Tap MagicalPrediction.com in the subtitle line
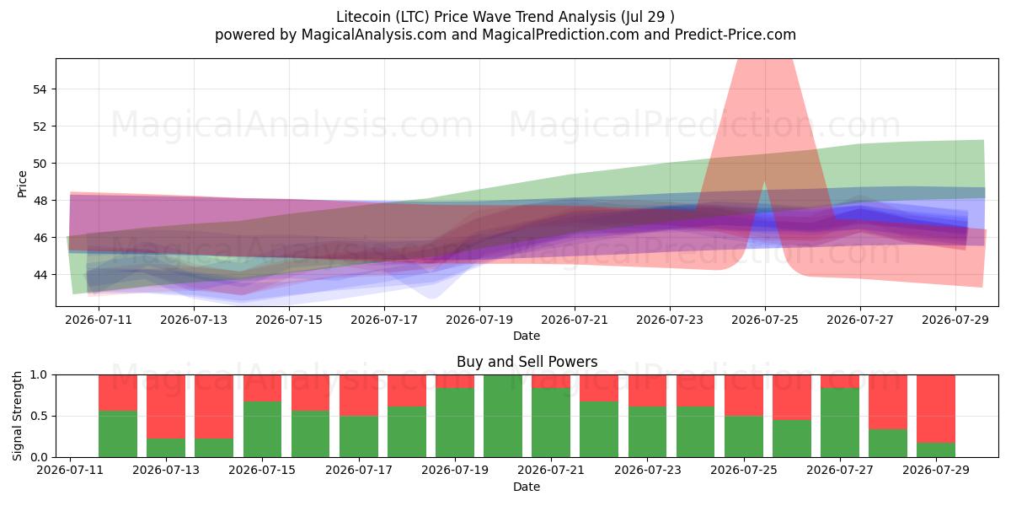(560, 35)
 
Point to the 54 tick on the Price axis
(40, 89)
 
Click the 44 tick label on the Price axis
(40, 275)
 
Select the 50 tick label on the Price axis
(40, 164)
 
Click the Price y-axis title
(22, 184)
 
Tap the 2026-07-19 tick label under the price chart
(479, 320)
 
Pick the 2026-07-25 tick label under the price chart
(765, 320)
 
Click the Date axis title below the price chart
(527, 336)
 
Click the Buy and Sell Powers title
(527, 362)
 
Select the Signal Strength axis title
(17, 416)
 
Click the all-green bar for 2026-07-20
(503, 416)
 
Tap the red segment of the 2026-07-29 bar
(936, 409)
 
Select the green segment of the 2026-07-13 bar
(166, 448)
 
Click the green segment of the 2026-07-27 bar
(839, 423)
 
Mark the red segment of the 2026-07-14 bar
(214, 406)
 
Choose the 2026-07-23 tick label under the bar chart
(647, 470)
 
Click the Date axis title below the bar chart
(527, 487)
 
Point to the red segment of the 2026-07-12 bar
(118, 393)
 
